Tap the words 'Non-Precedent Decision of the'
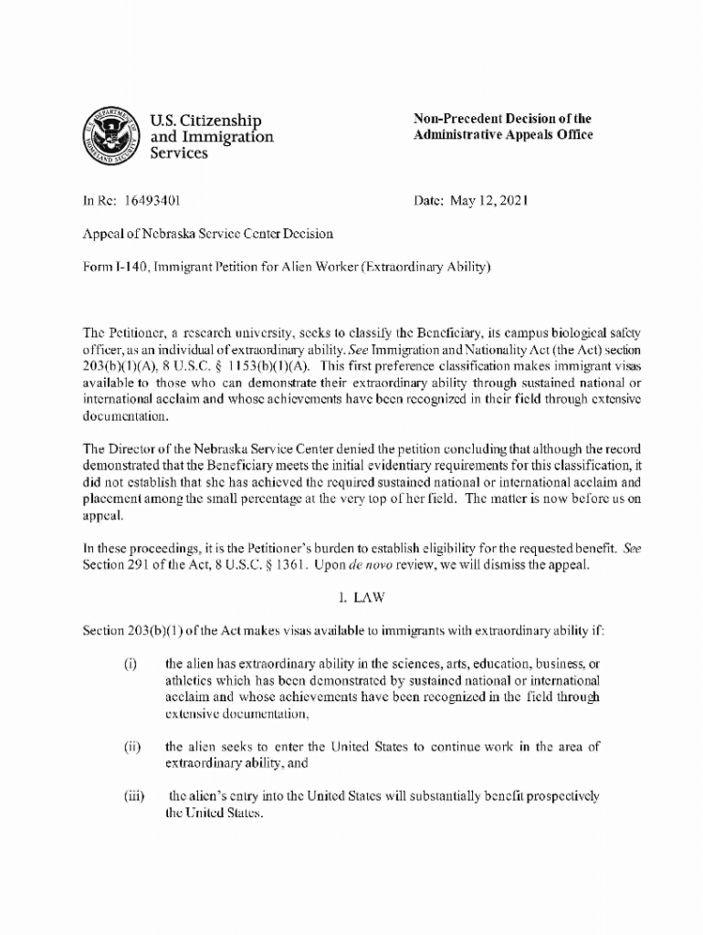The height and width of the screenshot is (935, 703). point(502,119)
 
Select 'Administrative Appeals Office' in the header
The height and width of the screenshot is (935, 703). point(503,135)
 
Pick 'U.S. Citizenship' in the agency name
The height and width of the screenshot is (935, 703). point(205,120)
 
